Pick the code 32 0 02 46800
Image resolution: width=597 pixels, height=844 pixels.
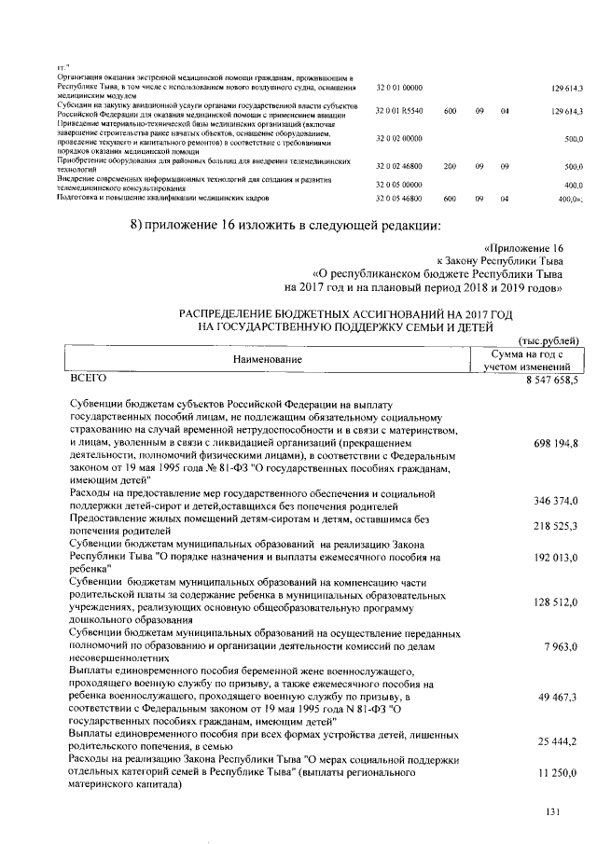tap(398, 165)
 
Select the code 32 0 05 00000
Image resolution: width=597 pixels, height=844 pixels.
tap(398, 185)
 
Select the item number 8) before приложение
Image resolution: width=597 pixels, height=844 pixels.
tap(141, 224)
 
